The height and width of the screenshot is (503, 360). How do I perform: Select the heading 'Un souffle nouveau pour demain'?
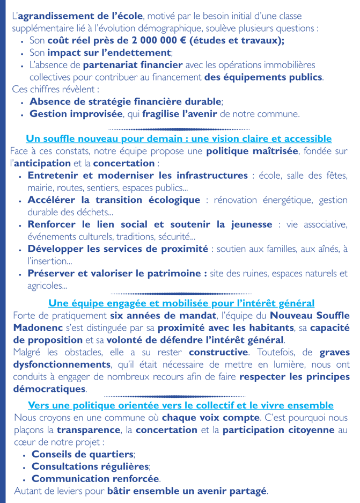pyautogui.click(x=179, y=138)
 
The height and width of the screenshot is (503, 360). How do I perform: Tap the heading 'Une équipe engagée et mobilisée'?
pyautogui.click(x=181, y=303)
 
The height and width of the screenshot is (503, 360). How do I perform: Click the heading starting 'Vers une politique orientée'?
pyautogui.click(x=180, y=405)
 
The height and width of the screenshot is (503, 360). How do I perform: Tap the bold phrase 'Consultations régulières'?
pyautogui.click(x=90, y=466)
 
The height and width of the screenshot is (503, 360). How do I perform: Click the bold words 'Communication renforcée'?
pyautogui.click(x=95, y=478)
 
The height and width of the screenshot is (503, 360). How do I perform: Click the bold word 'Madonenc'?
pyautogui.click(x=37, y=327)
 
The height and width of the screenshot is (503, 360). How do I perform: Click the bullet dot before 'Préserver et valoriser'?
pyautogui.click(x=20, y=274)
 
